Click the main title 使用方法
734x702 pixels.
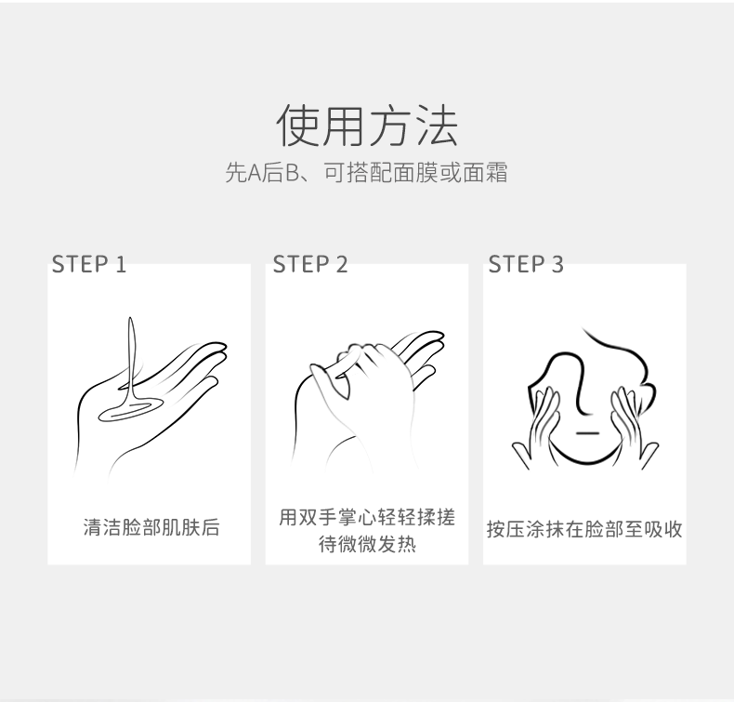point(367,125)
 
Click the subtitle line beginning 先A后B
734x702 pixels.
point(366,172)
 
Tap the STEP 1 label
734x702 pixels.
point(89,264)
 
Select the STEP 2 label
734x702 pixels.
point(310,264)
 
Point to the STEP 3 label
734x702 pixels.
point(526,264)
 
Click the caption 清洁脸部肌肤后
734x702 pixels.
point(151,527)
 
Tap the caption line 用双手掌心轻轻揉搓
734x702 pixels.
point(367,518)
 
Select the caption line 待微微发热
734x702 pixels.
point(367,544)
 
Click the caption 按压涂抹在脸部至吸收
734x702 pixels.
point(584,529)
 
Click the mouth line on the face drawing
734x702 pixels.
point(587,432)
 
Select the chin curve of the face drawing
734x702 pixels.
point(585,461)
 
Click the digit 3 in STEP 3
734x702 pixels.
point(557,264)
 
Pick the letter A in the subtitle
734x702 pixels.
point(255,173)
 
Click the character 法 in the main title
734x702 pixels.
point(438,125)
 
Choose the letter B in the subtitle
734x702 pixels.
point(292,173)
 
